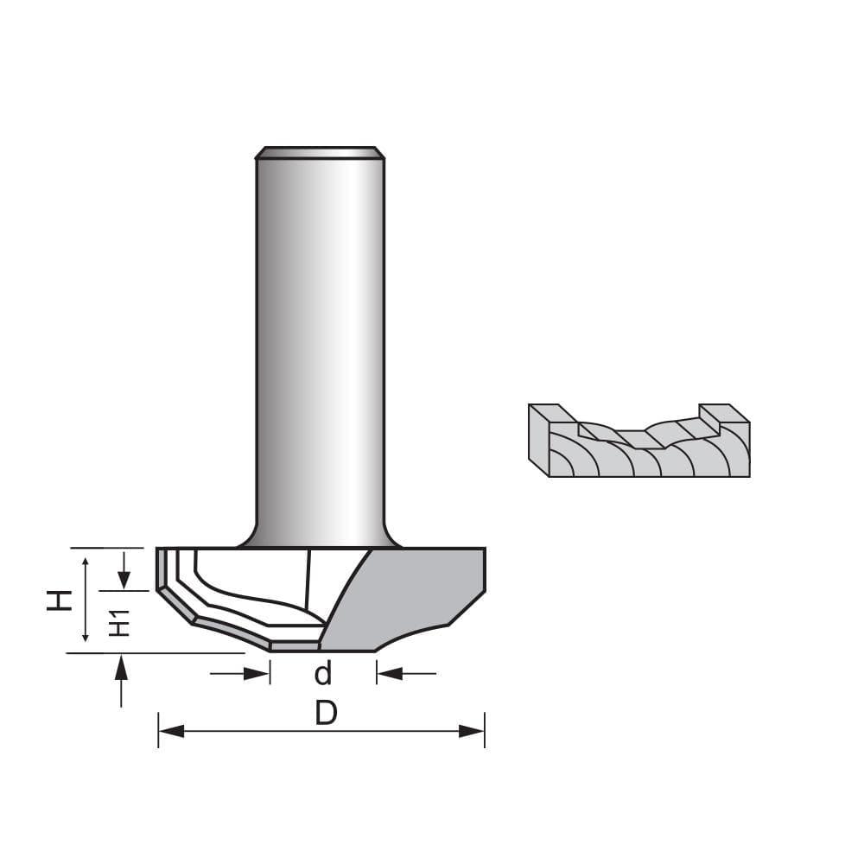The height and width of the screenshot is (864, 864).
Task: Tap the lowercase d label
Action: point(323,674)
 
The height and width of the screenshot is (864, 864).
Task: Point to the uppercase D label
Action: point(325,714)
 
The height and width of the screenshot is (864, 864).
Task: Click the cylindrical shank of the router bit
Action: point(320,346)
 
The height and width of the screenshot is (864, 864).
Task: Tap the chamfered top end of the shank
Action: point(320,153)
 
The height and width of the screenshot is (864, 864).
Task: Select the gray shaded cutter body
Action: point(415,596)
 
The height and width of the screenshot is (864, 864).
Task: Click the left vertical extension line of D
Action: point(158,730)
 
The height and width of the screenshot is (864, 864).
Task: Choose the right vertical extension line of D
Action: point(485,730)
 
